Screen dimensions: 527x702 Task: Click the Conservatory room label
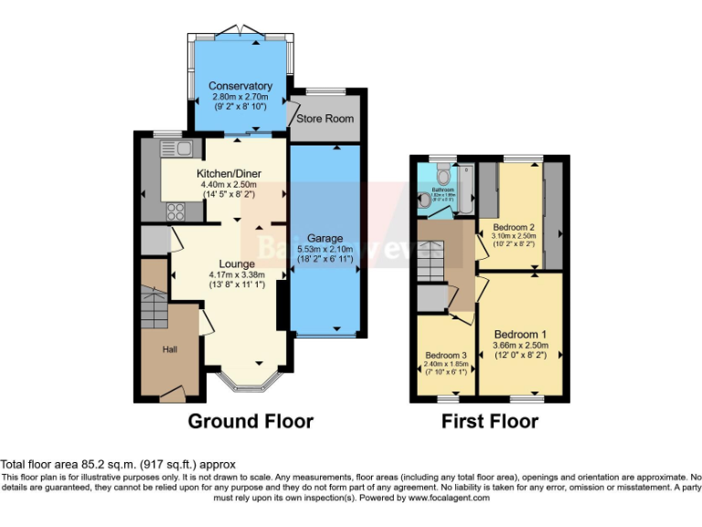240,87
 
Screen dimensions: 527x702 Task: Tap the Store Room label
324,119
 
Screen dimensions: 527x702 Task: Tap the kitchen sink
175,148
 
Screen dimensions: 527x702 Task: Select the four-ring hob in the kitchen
175,210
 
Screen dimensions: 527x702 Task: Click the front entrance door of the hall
172,395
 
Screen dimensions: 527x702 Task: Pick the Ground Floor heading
250,422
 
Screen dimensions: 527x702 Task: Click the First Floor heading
490,422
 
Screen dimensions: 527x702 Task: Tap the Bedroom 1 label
520,335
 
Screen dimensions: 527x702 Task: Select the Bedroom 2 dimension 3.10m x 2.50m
514,236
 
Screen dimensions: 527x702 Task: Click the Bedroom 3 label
445,355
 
